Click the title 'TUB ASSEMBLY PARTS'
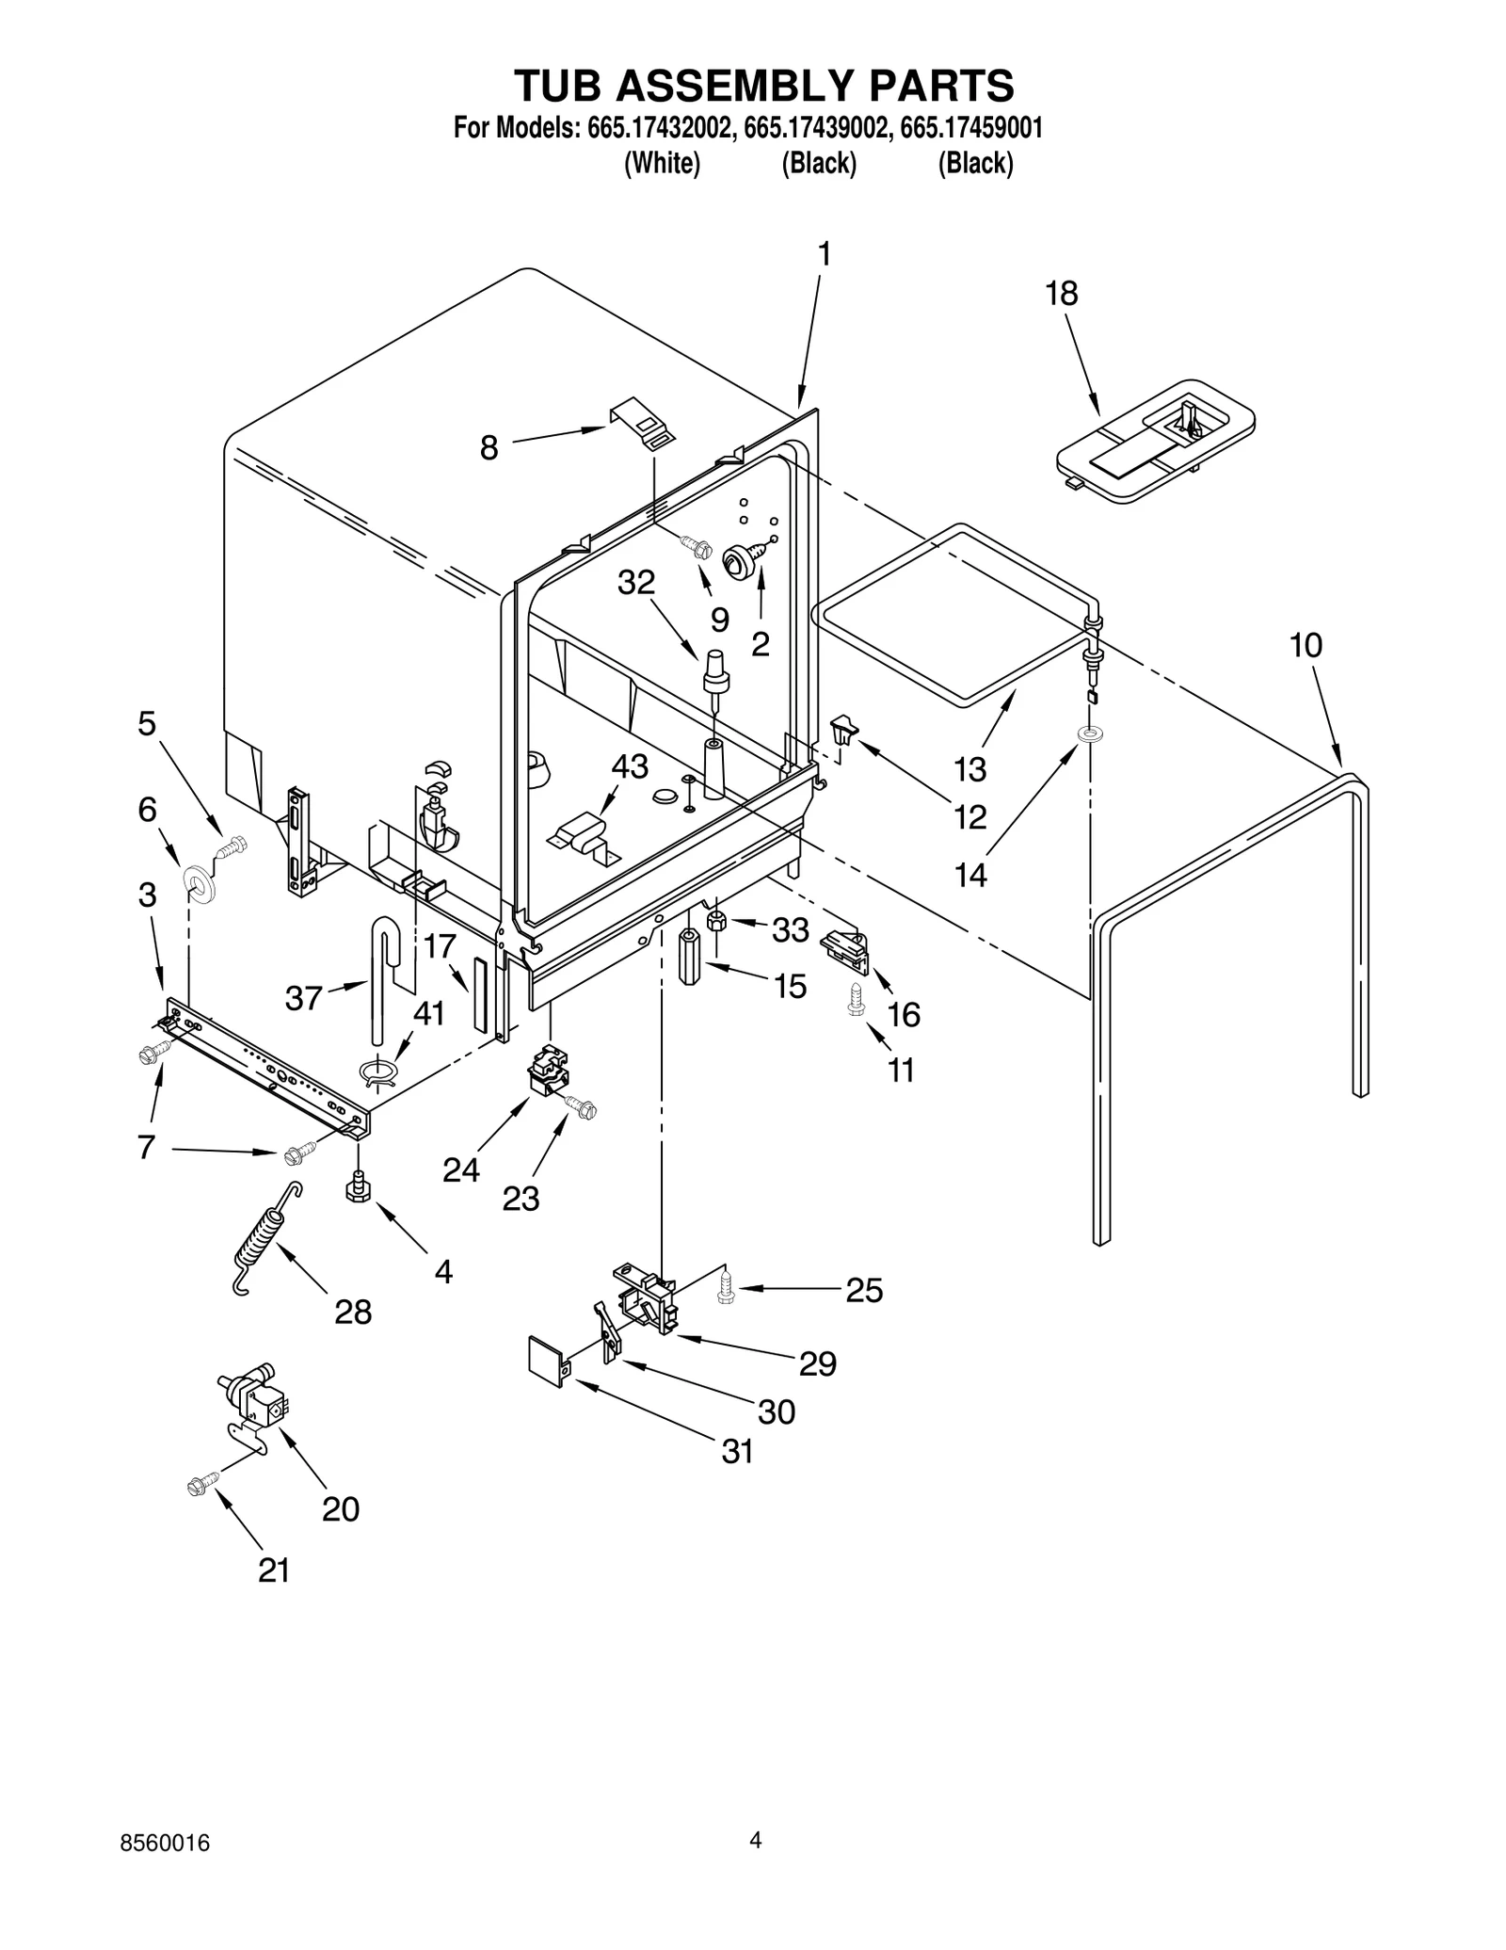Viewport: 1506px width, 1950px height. coord(763,87)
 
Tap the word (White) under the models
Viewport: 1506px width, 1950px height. coord(663,163)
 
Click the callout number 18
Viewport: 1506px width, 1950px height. coord(1061,294)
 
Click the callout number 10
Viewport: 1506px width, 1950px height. coord(1306,646)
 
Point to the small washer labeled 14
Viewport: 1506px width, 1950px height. coord(1091,733)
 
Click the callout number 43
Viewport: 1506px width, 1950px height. coord(630,766)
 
